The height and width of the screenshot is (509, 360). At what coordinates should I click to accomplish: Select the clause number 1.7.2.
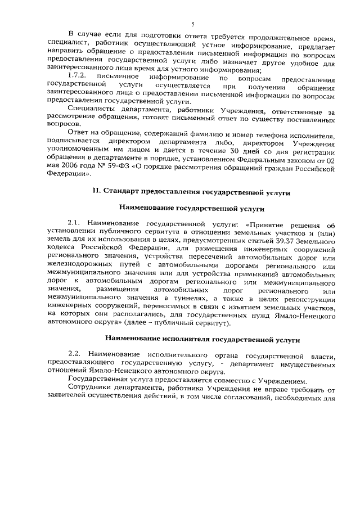tap(77, 75)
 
